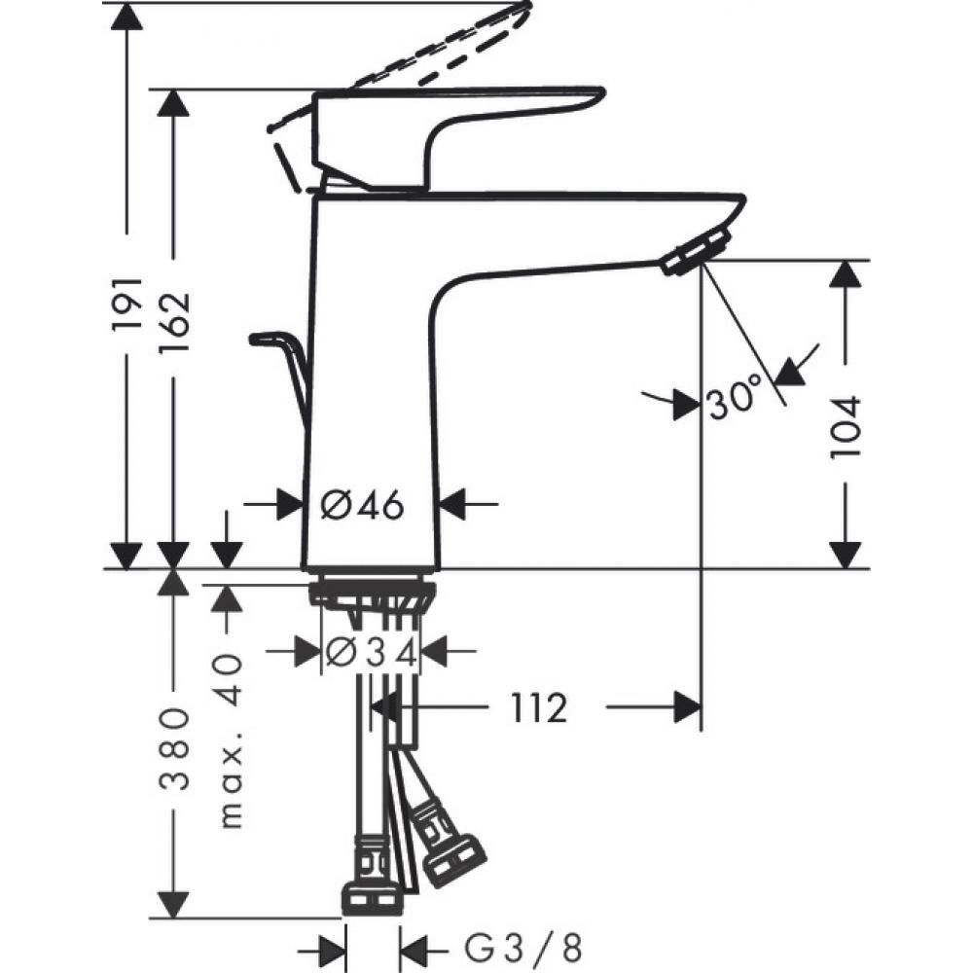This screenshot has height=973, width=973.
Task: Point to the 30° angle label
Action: (x=734, y=400)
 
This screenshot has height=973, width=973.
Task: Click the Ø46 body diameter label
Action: (x=361, y=504)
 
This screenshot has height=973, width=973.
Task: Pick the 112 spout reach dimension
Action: (x=536, y=708)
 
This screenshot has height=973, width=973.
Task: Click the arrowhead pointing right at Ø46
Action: (x=287, y=504)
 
